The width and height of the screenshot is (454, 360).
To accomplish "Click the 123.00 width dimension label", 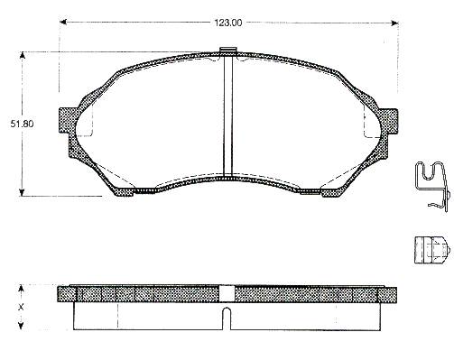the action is click(x=227, y=23).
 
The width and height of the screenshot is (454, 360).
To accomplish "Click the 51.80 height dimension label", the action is click(x=22, y=124).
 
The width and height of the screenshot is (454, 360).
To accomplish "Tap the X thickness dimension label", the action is click(x=21, y=307).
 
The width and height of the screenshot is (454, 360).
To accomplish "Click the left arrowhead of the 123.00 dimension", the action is click(x=63, y=22).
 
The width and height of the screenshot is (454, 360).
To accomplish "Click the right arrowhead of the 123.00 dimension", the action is click(x=394, y=23).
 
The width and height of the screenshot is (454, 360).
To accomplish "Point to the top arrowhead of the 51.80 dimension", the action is click(x=22, y=56).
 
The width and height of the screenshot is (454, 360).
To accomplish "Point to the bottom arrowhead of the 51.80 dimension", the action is click(x=22, y=192).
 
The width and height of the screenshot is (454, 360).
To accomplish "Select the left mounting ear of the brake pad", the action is click(x=67, y=120).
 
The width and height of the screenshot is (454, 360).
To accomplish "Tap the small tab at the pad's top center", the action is click(x=228, y=51).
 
